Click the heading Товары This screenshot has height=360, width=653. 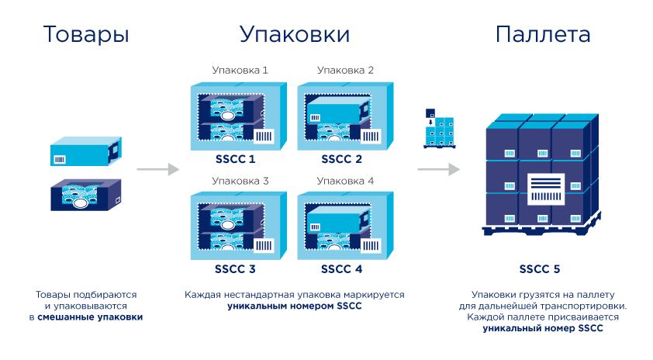point(85,35)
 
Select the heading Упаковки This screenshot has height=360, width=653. point(293,35)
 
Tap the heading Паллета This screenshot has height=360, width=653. point(542,35)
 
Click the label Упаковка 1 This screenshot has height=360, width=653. point(240,70)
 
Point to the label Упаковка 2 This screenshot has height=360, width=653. point(346,70)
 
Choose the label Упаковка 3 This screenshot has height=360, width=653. point(240,181)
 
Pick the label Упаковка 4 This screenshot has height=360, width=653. point(346,181)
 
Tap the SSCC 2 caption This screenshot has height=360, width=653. point(342,159)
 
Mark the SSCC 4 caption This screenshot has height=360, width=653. point(342,270)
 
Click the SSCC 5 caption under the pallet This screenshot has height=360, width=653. point(540,270)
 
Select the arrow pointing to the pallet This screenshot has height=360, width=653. point(438,169)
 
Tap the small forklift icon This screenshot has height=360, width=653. point(439,128)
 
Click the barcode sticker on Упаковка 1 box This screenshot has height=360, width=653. point(264,137)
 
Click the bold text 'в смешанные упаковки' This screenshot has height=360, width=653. point(85,317)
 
